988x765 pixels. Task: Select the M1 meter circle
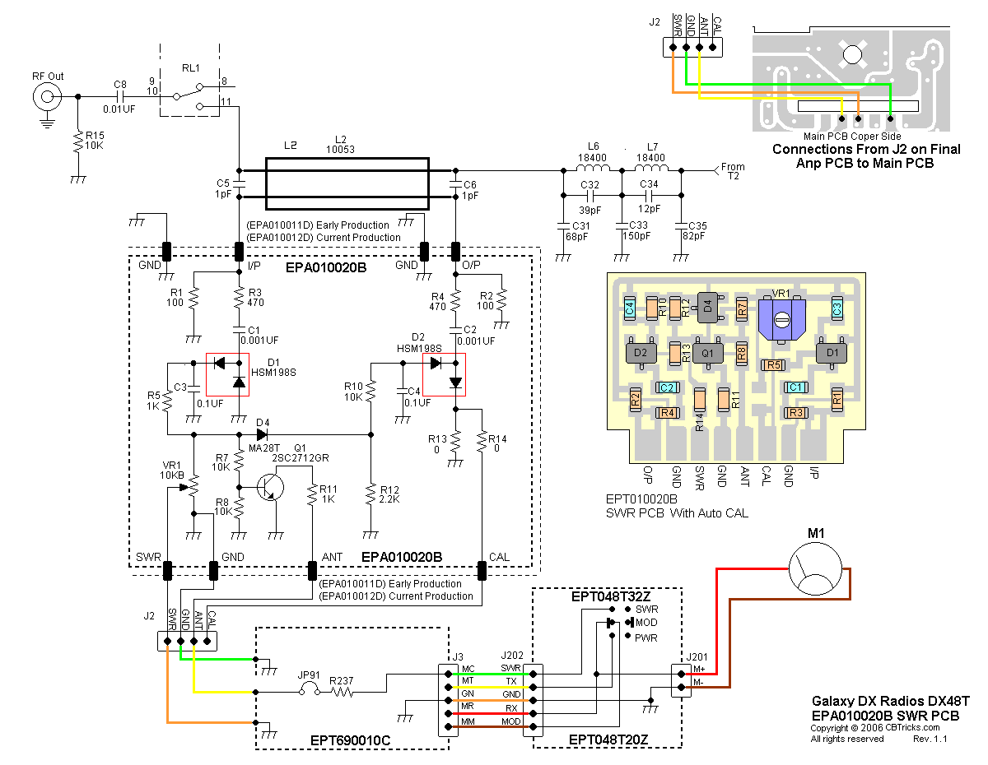click(x=815, y=569)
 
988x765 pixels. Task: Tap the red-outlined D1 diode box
click(x=227, y=375)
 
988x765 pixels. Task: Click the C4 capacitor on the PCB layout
click(x=630, y=309)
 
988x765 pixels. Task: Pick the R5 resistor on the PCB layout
click(x=774, y=364)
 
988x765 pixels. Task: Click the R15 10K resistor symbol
click(x=77, y=143)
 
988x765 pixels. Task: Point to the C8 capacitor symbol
click(x=120, y=96)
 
